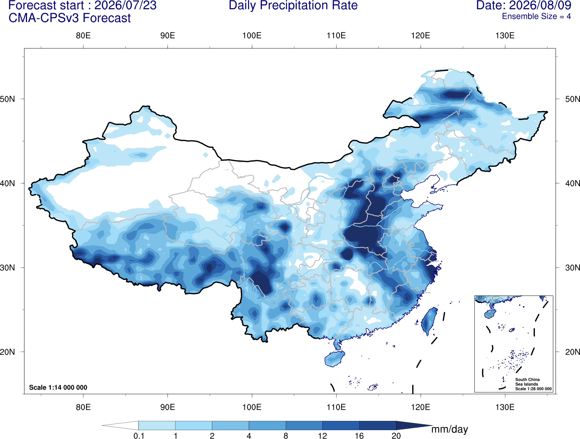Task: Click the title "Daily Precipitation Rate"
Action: [x=293, y=5]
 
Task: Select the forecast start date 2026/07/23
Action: [x=125, y=5]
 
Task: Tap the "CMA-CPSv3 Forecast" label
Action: [x=70, y=18]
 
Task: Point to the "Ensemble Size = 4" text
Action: [x=536, y=16]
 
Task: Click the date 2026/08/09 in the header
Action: [x=540, y=5]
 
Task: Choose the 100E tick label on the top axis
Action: [x=252, y=36]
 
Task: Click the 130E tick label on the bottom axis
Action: [x=505, y=407]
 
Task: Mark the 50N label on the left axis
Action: [x=7, y=99]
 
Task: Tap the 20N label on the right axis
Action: [x=572, y=352]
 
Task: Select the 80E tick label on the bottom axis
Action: [x=83, y=407]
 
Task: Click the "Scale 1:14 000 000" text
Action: [x=58, y=387]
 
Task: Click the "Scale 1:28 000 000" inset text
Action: [x=533, y=389]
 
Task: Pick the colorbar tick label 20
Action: [x=396, y=435]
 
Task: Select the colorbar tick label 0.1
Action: [x=139, y=435]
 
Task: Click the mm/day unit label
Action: [x=450, y=429]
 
